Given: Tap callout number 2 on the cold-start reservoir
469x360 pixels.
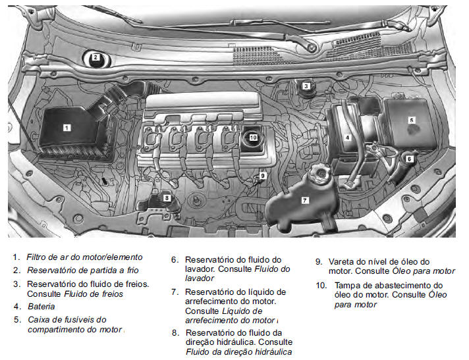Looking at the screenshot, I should [96, 57].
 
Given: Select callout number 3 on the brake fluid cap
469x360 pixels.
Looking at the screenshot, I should [306, 86].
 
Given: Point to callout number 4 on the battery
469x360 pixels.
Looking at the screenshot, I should [346, 138].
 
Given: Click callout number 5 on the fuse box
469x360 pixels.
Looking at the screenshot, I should [411, 120].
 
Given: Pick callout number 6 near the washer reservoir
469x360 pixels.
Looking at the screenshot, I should [408, 158].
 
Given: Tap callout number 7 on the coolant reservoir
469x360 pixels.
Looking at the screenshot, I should [304, 199].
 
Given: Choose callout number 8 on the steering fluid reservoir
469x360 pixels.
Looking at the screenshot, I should [167, 197].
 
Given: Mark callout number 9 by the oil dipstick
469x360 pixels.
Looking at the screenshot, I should [262, 176].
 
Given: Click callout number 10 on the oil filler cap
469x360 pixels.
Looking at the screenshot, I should [254, 138].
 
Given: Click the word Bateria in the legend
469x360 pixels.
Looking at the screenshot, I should [41, 306].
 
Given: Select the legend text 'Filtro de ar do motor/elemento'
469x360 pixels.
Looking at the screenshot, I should [85, 257].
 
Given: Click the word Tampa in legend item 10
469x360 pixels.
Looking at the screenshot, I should [348, 286].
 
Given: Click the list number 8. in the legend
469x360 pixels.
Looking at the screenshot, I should [175, 333].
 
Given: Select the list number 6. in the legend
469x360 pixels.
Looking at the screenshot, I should [175, 260].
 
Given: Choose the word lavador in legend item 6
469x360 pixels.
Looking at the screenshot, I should [200, 278].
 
